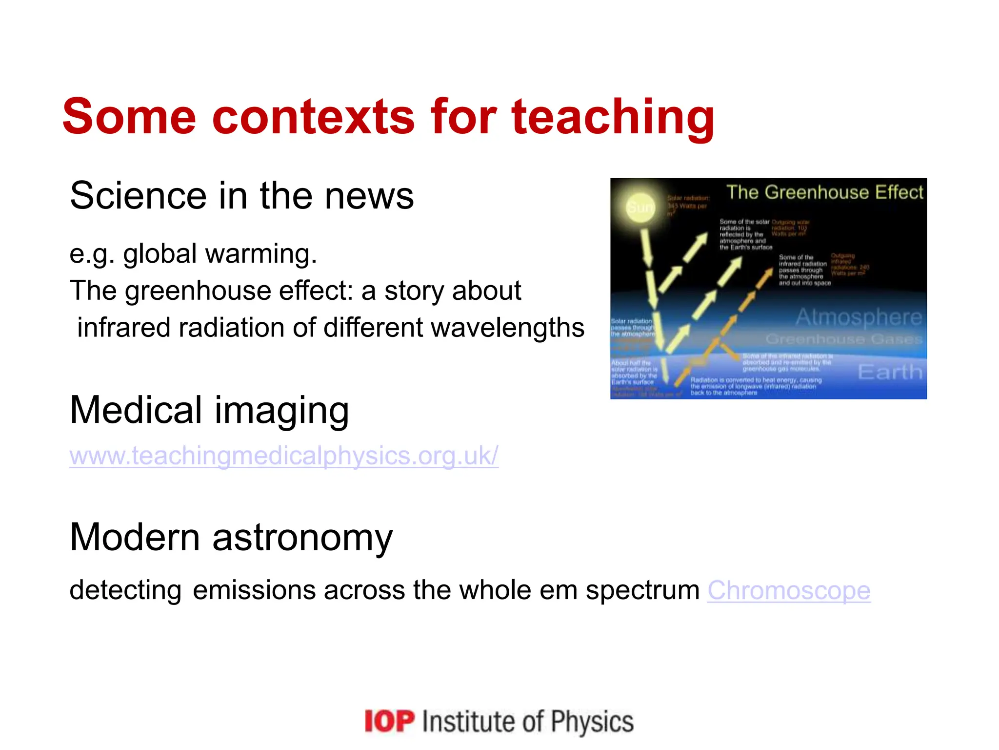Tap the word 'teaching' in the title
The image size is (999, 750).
pos(613,117)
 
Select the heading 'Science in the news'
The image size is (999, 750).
pos(241,196)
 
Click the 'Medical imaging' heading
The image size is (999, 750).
pos(209,411)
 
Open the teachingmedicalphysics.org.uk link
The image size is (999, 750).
pos(283,456)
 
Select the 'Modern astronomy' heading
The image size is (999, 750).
pos(231,537)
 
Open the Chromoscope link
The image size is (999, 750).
pos(789,590)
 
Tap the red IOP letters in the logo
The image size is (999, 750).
pos(389,721)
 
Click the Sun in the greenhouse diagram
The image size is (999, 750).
pos(639,207)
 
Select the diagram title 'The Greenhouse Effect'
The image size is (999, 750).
pos(824,192)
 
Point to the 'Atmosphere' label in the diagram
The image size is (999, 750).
pos(859,317)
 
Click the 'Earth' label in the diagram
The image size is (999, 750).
pos(890,372)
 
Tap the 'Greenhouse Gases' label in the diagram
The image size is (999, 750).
pos(844,339)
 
